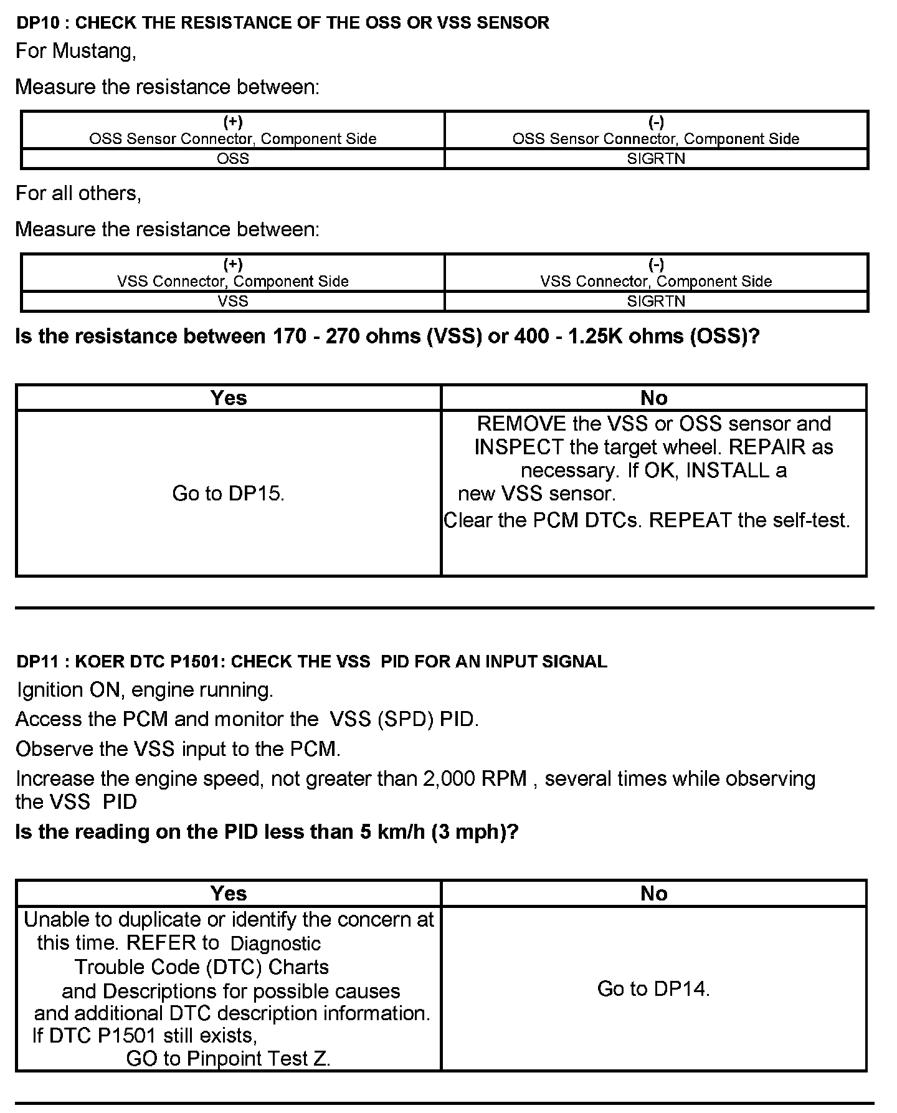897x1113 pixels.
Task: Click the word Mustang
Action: click(x=93, y=50)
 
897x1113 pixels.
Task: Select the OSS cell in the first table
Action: click(x=233, y=159)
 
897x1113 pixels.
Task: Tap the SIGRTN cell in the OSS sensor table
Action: click(x=656, y=159)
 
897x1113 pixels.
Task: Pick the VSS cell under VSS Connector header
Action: click(x=233, y=302)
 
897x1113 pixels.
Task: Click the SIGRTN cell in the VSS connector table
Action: click(x=656, y=302)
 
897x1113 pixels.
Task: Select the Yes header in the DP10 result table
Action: click(x=229, y=398)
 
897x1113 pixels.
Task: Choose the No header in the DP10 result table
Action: click(x=653, y=398)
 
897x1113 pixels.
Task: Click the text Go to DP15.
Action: click(x=229, y=494)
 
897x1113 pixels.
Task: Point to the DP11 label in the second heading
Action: click(x=39, y=662)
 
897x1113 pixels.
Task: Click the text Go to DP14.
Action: click(x=653, y=988)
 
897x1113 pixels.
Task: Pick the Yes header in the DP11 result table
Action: click(x=229, y=894)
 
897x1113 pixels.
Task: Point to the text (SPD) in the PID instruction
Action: click(x=406, y=719)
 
